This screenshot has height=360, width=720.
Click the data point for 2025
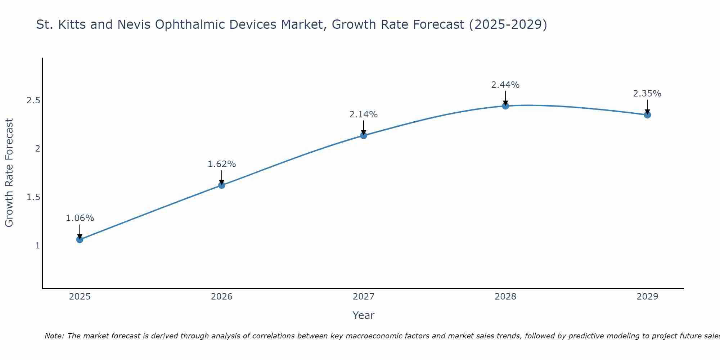coord(80,239)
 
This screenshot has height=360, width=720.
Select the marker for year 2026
coord(222,185)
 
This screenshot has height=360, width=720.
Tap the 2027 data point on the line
coord(364,135)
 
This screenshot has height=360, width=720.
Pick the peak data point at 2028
coord(505,106)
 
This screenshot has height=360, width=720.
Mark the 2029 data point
coord(647,115)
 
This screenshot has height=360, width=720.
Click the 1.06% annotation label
coord(80,218)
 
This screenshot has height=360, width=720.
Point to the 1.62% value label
coord(222,164)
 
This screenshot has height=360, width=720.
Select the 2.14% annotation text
coord(364,114)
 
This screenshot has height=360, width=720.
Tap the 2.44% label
coord(505,85)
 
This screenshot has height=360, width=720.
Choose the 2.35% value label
coord(647,94)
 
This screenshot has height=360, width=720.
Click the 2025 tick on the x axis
coord(80,297)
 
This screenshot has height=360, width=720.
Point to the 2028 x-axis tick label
coord(505,297)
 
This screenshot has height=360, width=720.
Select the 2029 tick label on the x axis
coord(647,297)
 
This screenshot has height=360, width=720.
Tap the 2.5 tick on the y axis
coord(33,100)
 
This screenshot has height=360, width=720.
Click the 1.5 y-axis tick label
coord(33,197)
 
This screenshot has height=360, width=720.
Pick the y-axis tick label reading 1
coord(37,246)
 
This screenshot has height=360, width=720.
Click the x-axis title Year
coord(364,315)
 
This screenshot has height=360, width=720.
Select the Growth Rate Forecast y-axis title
coord(9,173)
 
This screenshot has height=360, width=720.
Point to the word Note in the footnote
coord(54,336)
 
